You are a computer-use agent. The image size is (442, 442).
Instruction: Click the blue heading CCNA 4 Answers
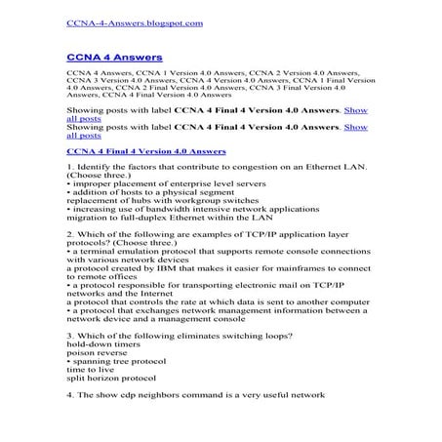tap(107, 59)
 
